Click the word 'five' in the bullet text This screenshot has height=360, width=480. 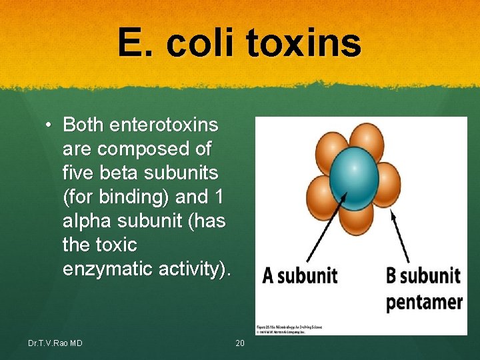tap(79, 173)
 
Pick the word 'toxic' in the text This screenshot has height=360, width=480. tap(117, 245)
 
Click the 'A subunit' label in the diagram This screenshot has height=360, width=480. tap(299, 275)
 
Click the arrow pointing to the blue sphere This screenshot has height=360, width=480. tap(325, 227)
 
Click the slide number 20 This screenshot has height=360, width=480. tap(241, 343)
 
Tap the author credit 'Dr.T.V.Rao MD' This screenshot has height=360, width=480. tap(55, 343)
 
